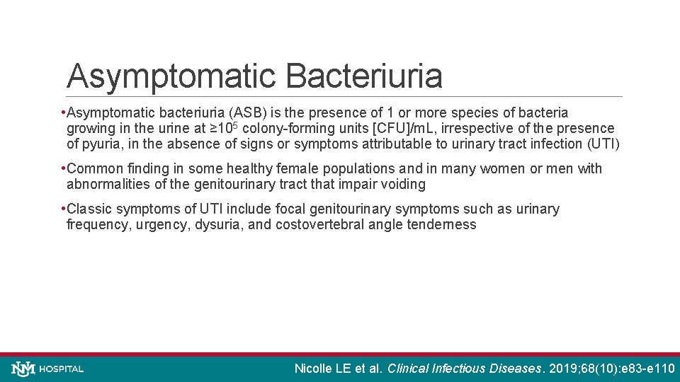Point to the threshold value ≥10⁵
(225, 129)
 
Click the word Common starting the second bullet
(95, 169)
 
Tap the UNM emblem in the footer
(23, 369)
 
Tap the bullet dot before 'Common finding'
(64, 169)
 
